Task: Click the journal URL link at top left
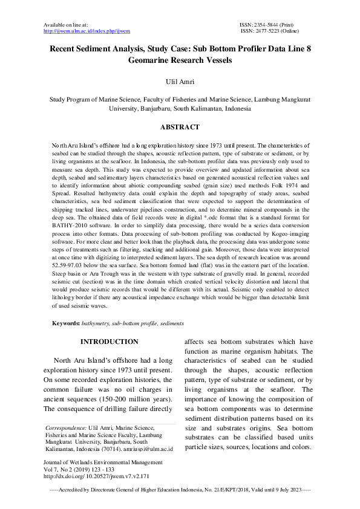tap(87, 30)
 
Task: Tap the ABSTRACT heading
tap(180, 128)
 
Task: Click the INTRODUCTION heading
tap(110, 342)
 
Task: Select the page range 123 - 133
tap(99, 469)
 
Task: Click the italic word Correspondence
tap(67, 427)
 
